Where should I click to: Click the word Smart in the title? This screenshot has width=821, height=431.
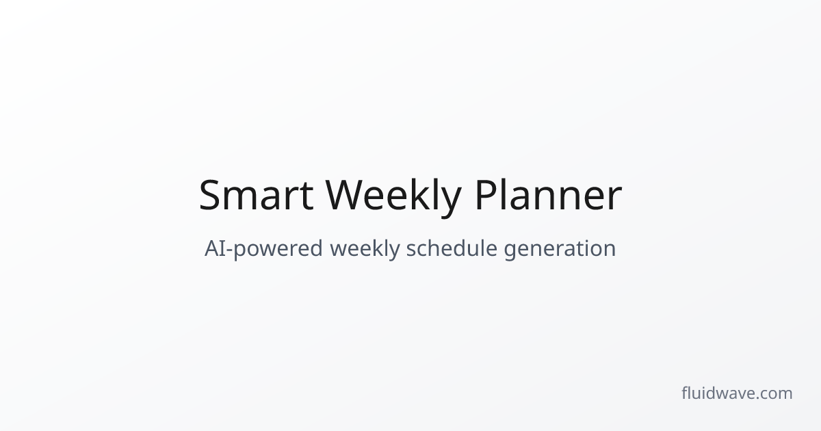coord(256,196)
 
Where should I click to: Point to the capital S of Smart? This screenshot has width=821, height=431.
coord(211,196)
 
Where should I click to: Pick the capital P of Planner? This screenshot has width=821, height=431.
coord(485,196)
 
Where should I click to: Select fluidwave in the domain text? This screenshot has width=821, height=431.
coord(718,393)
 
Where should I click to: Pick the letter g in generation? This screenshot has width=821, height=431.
coord(510,251)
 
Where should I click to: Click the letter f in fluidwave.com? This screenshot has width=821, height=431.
coord(685,393)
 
